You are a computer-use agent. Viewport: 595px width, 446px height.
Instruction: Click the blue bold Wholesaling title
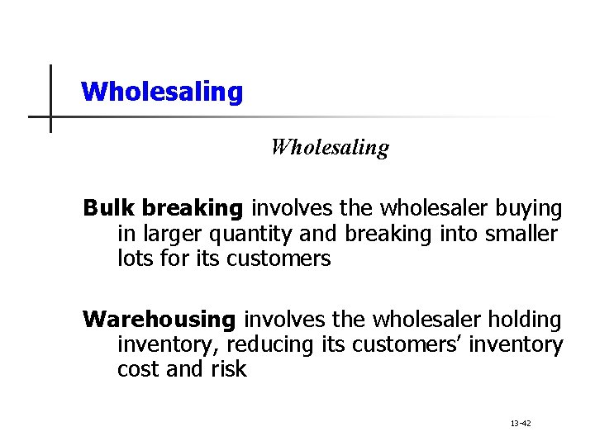point(163,91)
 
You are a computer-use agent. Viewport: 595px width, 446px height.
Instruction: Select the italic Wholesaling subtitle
point(330,148)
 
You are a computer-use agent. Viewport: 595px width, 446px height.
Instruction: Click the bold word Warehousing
point(159,318)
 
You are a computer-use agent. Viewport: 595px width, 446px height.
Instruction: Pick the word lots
point(136,259)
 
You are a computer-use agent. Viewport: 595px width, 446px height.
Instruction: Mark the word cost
point(139,369)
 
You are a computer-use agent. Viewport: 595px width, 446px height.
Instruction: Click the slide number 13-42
point(521,423)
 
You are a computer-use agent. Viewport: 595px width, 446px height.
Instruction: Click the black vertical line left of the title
point(50,97)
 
